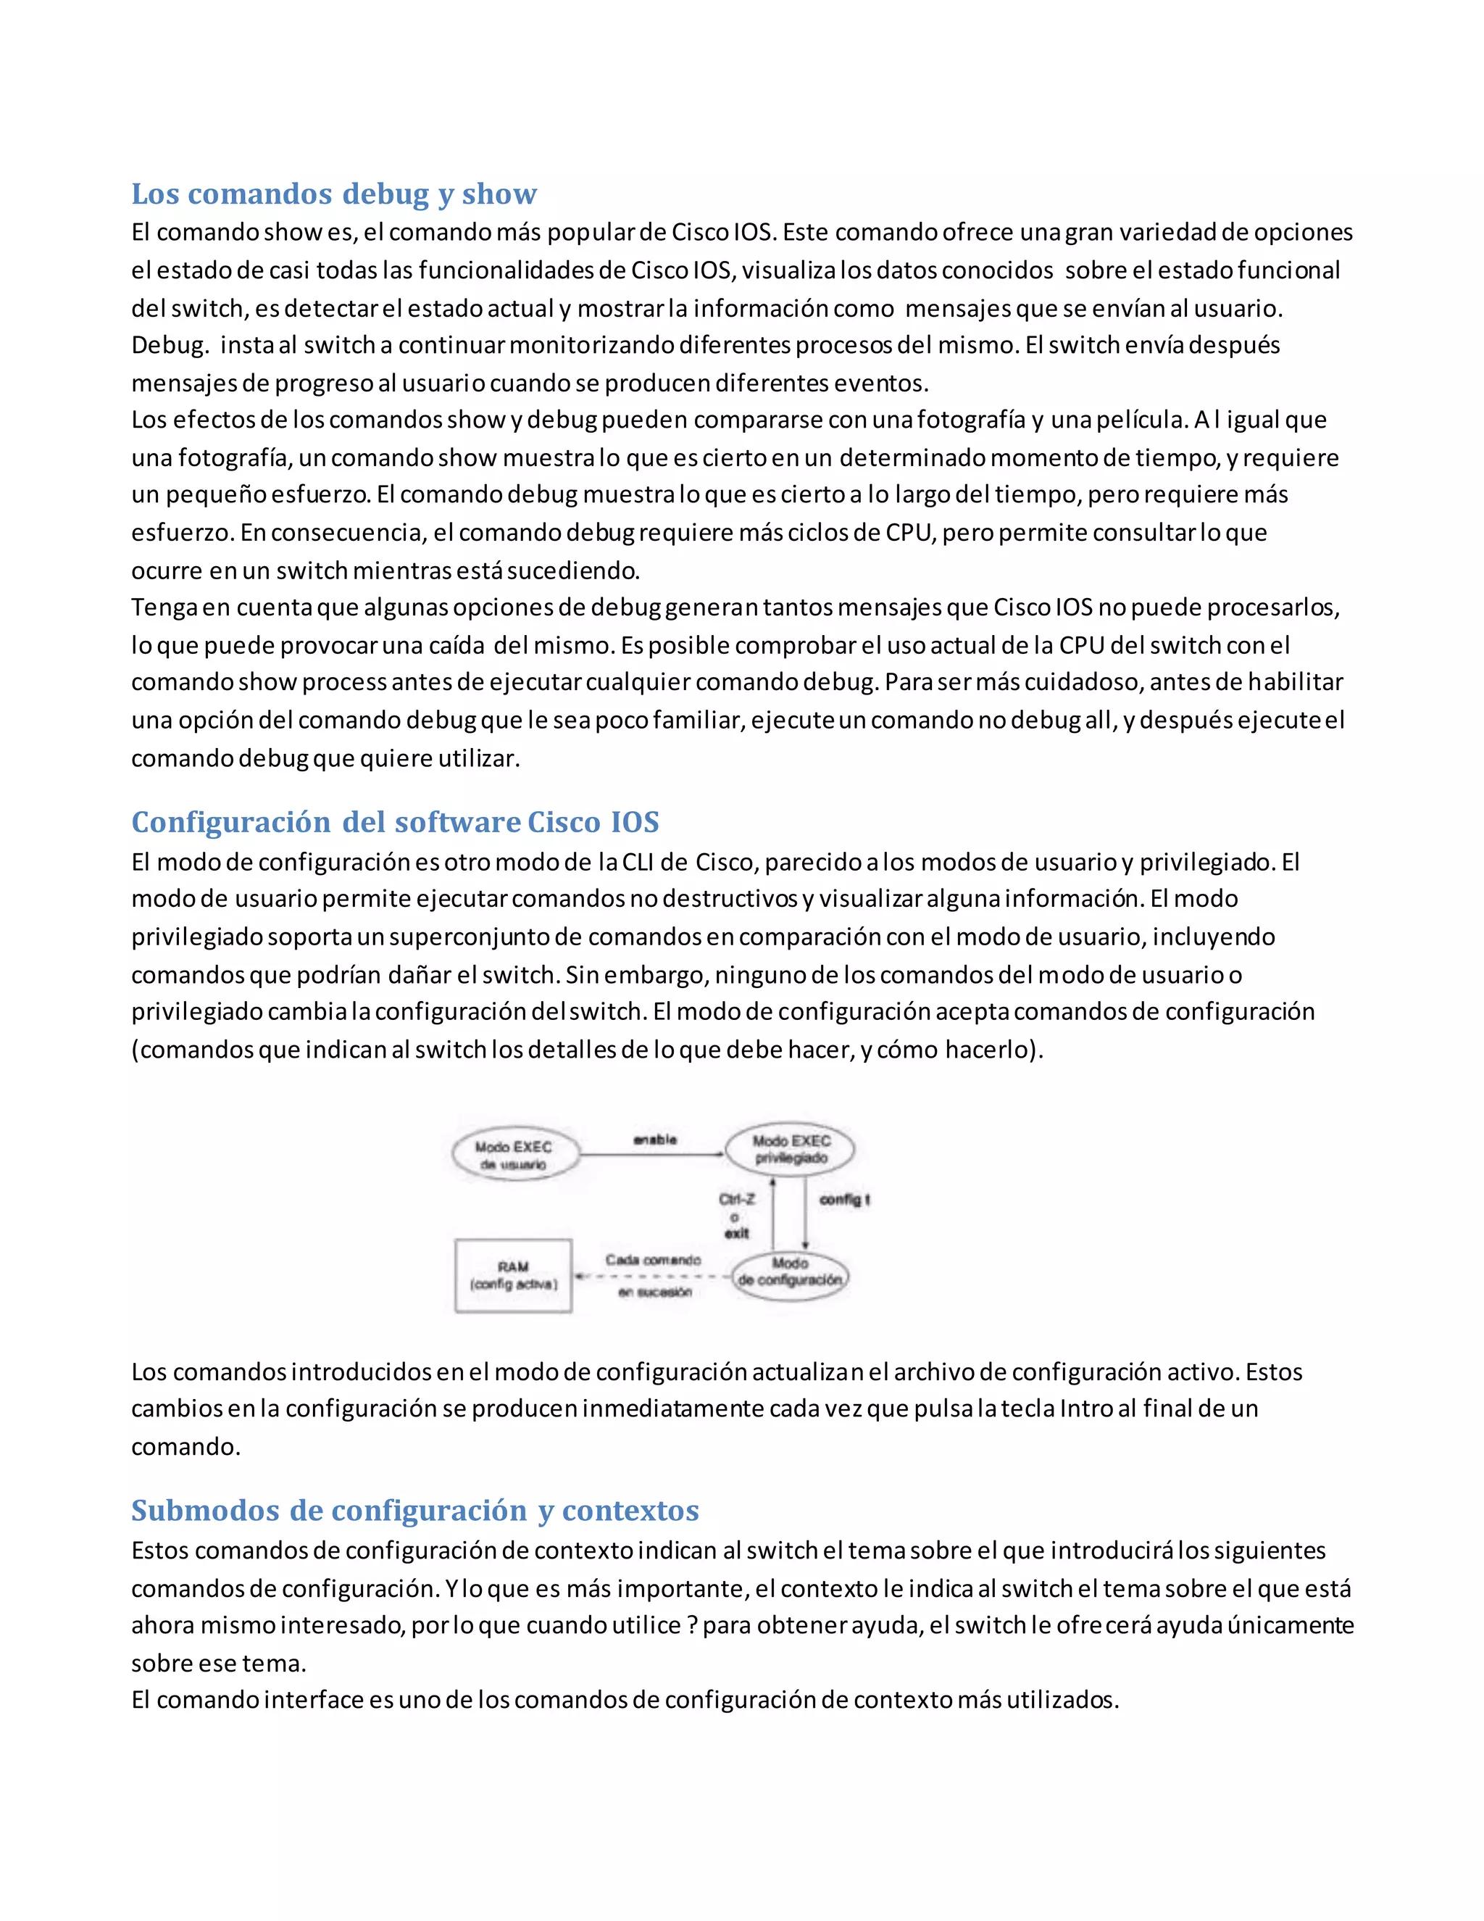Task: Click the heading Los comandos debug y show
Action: pos(334,194)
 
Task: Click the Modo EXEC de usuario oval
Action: pos(515,1155)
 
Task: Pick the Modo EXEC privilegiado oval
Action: pos(791,1149)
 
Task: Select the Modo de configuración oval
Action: pos(790,1272)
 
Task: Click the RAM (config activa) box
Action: pos(514,1275)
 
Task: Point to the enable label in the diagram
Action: pos(655,1139)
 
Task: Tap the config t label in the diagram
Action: pos(844,1199)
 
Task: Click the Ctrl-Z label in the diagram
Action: pos(736,1199)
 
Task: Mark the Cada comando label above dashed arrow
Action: pos(652,1260)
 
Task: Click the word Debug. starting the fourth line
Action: pos(170,345)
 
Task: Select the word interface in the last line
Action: pos(314,1699)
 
